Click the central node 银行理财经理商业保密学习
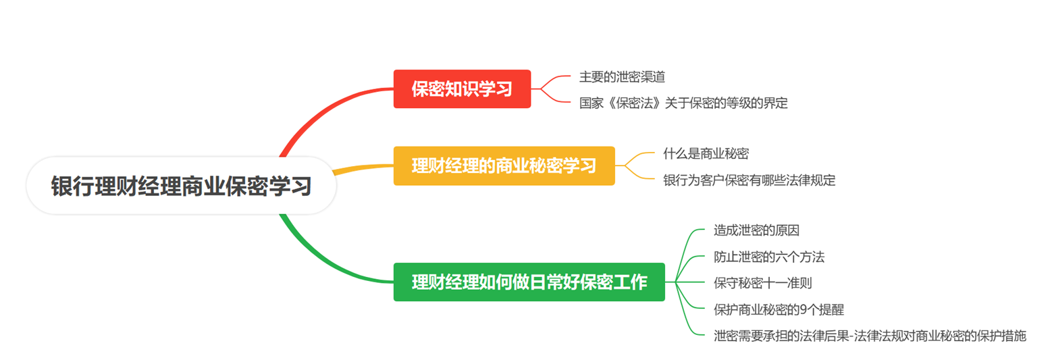pyautogui.click(x=181, y=186)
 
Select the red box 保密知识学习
pyautogui.click(x=462, y=89)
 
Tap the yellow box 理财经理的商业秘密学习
pyautogui.click(x=504, y=166)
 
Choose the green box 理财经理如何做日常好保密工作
pyautogui.click(x=529, y=282)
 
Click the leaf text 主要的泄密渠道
pyautogui.click(x=622, y=76)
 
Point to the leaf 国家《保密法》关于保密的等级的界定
pyautogui.click(x=683, y=103)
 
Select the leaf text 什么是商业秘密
pyautogui.click(x=706, y=153)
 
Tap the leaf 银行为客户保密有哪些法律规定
pyautogui.click(x=749, y=180)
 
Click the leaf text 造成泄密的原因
pyautogui.click(x=756, y=230)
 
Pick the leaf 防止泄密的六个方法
pyautogui.click(x=768, y=257)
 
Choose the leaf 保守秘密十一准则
pyautogui.click(x=762, y=282)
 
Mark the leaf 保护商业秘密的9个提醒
pyautogui.click(x=779, y=309)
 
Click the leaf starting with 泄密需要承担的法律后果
pyautogui.click(x=870, y=336)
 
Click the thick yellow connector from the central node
pyautogui.click(x=363, y=168)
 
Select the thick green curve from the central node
pyautogui.click(x=323, y=263)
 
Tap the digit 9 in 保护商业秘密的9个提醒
pyautogui.click(x=804, y=309)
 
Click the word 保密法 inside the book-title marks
pyautogui.click(x=635, y=103)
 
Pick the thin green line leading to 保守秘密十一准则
pyautogui.click(x=685, y=282)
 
